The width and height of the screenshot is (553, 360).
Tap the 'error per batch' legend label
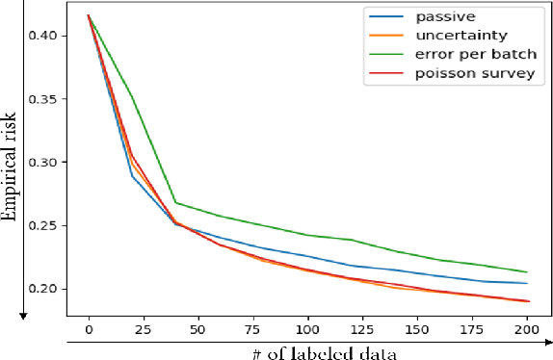(472, 55)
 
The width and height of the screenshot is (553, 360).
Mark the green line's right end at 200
(525, 272)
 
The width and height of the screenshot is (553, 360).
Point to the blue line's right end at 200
(525, 283)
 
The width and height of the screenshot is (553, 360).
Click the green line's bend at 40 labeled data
(175, 202)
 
